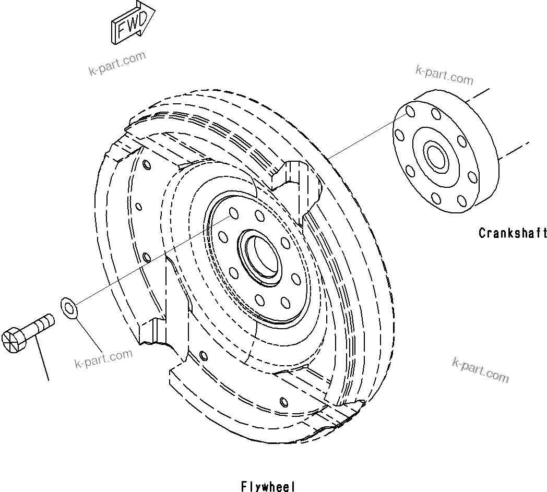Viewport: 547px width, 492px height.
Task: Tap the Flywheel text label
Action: pyautogui.click(x=268, y=486)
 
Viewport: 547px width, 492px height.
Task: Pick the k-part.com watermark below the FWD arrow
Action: pyautogui.click(x=117, y=64)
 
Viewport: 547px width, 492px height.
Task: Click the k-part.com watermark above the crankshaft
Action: pyautogui.click(x=444, y=76)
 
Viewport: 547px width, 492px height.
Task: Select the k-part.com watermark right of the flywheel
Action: pyautogui.click(x=480, y=370)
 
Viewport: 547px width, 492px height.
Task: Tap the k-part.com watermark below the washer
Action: pyautogui.click(x=104, y=359)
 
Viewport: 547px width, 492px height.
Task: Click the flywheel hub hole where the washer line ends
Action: pyautogui.click(x=233, y=213)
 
